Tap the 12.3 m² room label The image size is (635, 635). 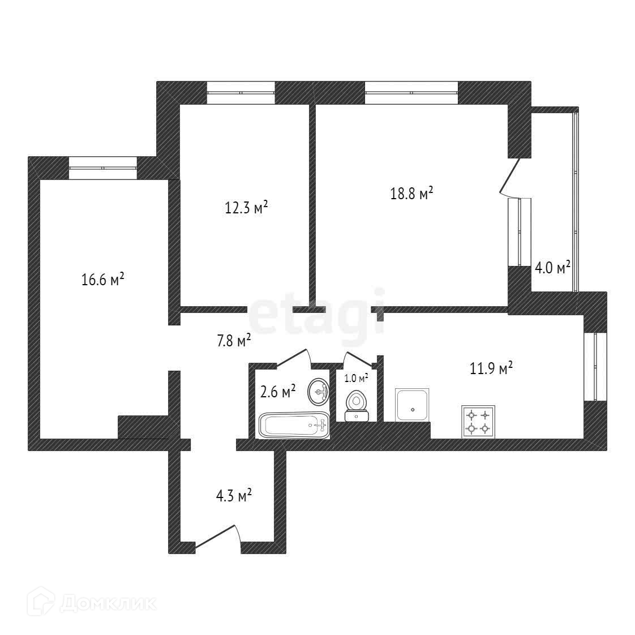(x=246, y=208)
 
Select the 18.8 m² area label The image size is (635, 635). (x=411, y=194)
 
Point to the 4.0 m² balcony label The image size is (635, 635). (x=552, y=267)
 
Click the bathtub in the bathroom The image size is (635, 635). (x=294, y=425)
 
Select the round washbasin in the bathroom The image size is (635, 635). (x=319, y=392)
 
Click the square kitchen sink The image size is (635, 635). (x=412, y=405)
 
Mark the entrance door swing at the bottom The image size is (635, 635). (x=218, y=538)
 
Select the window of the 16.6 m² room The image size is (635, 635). (x=103, y=168)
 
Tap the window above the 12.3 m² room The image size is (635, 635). (x=241, y=93)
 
